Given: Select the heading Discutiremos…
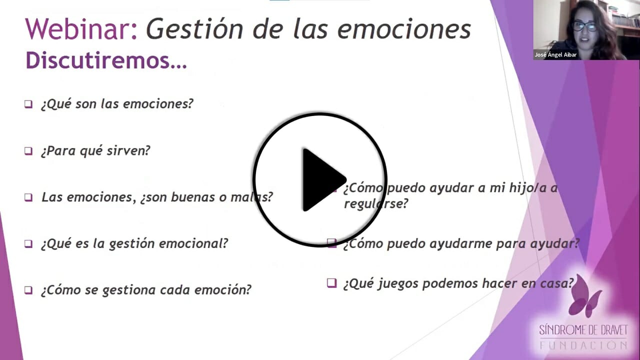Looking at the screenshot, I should tap(106, 60).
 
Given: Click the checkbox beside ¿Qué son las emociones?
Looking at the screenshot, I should tap(28, 104).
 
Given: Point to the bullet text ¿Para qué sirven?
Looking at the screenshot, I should tap(95, 150).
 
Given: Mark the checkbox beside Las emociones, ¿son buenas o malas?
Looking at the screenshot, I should tap(28, 197).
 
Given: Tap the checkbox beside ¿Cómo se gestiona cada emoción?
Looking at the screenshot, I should tap(28, 290).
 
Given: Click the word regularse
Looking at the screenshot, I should tap(376, 204).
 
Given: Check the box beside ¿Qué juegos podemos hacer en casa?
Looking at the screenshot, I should tap(331, 283).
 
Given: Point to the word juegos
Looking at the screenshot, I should tap(400, 283).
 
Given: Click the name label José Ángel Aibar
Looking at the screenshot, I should tap(555, 55).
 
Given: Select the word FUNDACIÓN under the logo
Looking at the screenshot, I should tap(583, 345).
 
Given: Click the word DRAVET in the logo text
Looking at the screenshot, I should tap(607, 330).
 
